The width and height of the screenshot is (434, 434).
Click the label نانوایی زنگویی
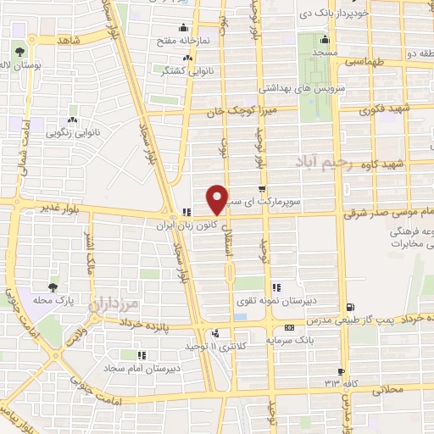72,132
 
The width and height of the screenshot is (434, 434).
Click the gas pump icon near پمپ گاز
351,307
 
